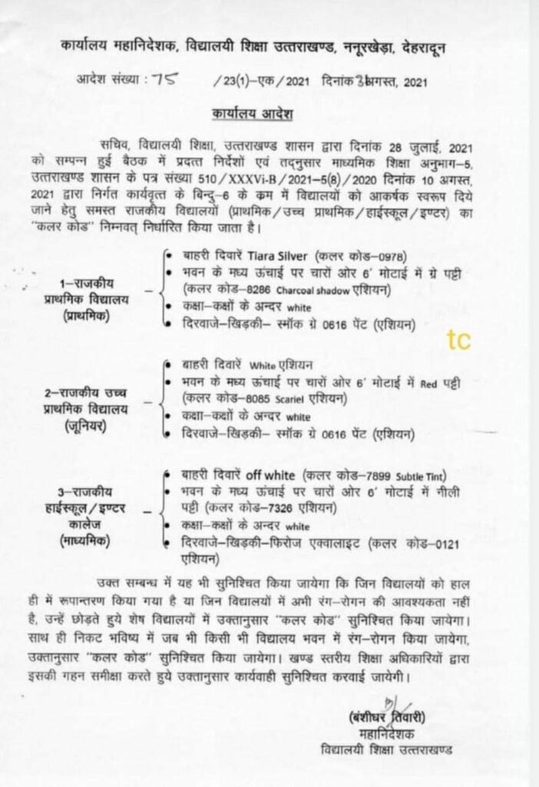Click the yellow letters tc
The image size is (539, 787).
[459, 338]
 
